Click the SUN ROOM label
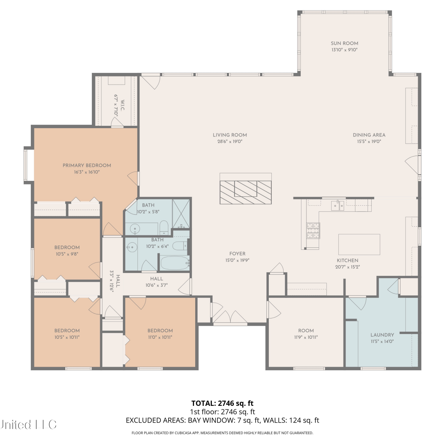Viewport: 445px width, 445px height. point(344,43)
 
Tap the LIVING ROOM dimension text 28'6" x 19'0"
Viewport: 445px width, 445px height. point(230,142)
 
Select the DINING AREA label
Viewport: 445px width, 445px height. point(369,135)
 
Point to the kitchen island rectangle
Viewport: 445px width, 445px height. point(359,244)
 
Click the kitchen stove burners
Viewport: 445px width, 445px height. point(313,231)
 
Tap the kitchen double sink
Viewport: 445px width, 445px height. point(338,205)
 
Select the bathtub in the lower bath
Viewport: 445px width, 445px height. point(175,263)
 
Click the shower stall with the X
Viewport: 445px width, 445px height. point(181,214)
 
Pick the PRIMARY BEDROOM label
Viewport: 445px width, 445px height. point(87,166)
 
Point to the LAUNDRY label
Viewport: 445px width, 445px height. point(382,335)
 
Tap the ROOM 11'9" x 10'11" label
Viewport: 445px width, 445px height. point(306,334)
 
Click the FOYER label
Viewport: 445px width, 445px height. point(237,254)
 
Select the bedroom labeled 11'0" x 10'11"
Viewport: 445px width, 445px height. point(160,334)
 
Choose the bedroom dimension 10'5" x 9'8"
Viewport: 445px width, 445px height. point(67,254)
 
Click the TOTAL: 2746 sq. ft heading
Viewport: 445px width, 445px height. point(223,403)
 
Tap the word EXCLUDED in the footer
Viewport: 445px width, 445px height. point(141,420)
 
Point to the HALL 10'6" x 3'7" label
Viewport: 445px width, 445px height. point(157,282)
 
